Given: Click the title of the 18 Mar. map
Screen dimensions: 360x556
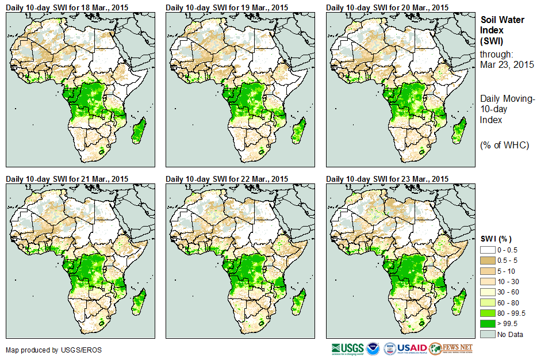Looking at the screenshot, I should coord(67,7).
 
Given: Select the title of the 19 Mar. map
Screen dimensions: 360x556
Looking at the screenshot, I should coord(227,7).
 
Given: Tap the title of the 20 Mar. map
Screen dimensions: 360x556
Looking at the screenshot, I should coord(387,7).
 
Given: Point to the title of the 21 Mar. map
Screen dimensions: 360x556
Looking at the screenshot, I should coord(67,179).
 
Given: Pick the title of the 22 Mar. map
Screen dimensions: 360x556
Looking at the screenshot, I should coord(227,179).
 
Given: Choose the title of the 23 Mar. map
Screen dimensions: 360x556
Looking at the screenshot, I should coord(387,179).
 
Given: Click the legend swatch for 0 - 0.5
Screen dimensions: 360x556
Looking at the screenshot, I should coord(488,250).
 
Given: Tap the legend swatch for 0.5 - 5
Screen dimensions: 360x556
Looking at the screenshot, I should coord(488,261).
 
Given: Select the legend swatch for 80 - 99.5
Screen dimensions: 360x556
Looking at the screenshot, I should coord(488,313).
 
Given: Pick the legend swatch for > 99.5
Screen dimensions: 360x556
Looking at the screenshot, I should coord(488,324).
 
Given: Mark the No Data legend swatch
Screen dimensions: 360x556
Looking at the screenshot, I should coord(488,334).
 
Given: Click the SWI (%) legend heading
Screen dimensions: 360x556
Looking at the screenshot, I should coord(496,239).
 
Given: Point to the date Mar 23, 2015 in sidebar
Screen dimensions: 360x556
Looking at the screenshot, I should coord(507,64).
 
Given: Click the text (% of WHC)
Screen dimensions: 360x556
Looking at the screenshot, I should coord(504,145).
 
